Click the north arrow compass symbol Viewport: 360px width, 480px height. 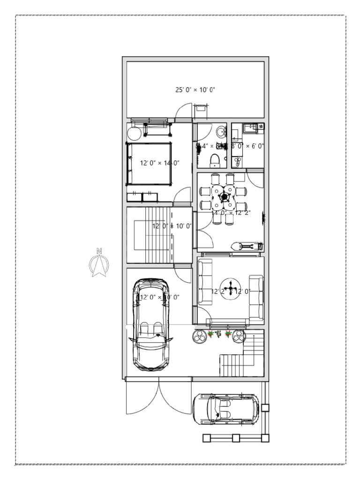pos(99,263)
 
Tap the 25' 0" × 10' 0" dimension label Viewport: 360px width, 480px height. pos(195,90)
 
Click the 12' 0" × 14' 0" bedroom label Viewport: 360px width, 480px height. pos(160,163)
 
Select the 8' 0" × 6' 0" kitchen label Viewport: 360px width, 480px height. pos(247,146)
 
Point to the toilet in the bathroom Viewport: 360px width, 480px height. pos(215,160)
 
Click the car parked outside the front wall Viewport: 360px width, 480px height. pos(225,409)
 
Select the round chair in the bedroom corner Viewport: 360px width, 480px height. pos(134,134)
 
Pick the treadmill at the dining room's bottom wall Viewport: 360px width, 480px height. pos(247,246)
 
